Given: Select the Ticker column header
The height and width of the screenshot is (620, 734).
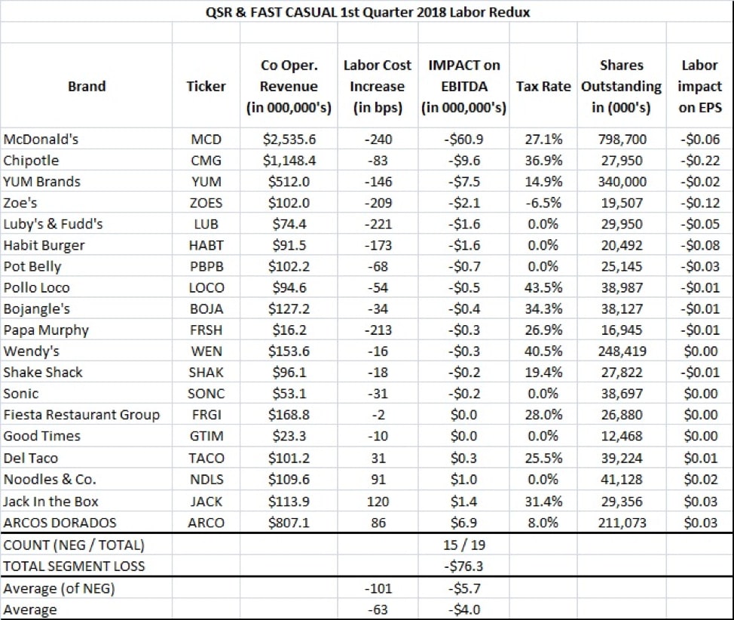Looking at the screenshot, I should (x=206, y=86).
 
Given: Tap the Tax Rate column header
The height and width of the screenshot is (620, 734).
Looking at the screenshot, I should (x=543, y=86).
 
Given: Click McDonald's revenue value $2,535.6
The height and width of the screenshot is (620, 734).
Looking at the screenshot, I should (x=289, y=140).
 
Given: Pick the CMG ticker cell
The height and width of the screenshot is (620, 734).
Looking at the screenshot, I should (x=206, y=161).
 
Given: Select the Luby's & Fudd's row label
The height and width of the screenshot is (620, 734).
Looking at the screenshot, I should (x=54, y=224).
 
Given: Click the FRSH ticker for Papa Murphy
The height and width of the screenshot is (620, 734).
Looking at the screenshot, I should (x=206, y=330).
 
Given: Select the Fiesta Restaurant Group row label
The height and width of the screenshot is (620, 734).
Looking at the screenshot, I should (x=81, y=414).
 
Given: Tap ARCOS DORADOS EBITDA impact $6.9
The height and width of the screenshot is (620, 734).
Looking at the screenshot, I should (x=464, y=523).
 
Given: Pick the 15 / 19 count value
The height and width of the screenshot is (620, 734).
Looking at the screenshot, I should (x=464, y=545).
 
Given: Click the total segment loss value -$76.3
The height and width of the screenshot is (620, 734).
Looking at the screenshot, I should (x=464, y=566).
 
